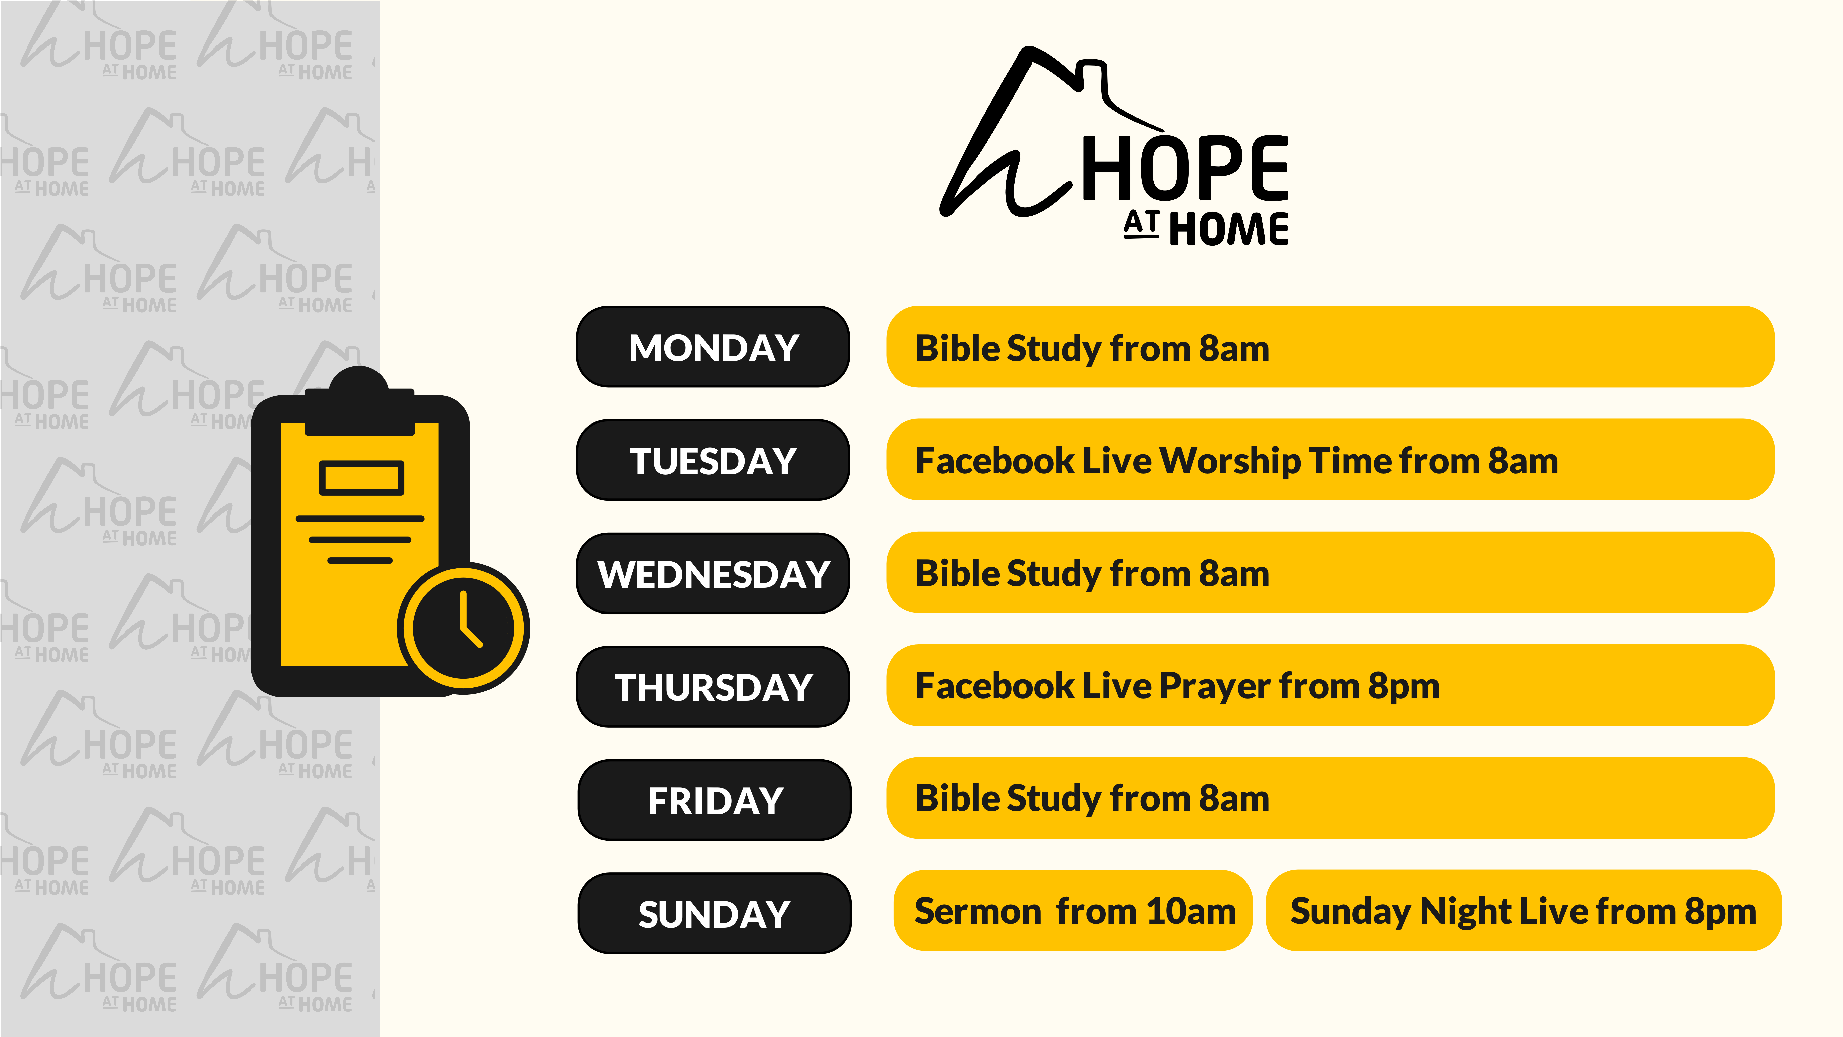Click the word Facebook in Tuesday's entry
(994, 461)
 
